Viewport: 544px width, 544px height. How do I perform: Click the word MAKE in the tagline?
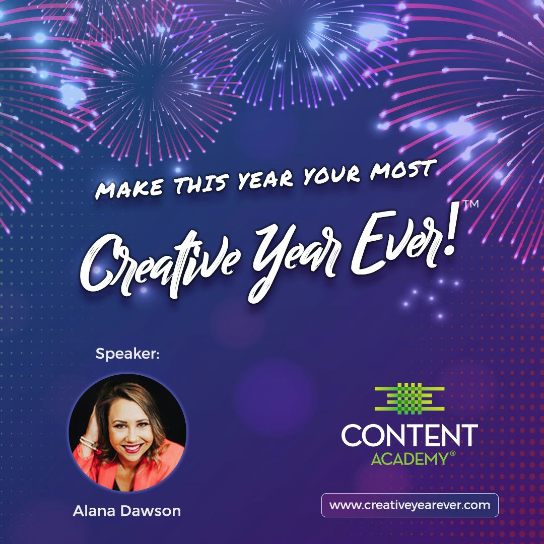point(129,188)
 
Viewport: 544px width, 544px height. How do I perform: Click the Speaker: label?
point(127,354)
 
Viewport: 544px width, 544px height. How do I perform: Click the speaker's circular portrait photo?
point(127,433)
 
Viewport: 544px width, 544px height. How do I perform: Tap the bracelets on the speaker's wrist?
point(89,444)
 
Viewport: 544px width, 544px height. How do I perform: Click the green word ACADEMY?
point(409,459)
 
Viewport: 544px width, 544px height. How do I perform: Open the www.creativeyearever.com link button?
point(410,505)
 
